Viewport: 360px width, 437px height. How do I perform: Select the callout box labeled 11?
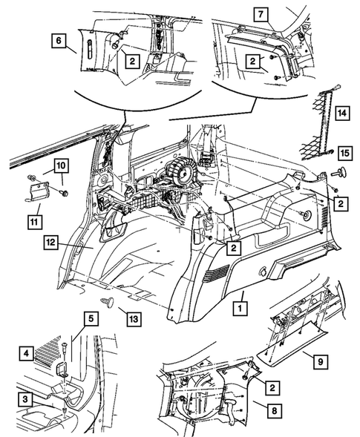click(34, 221)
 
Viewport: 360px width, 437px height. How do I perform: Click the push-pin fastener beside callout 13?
click(105, 302)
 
